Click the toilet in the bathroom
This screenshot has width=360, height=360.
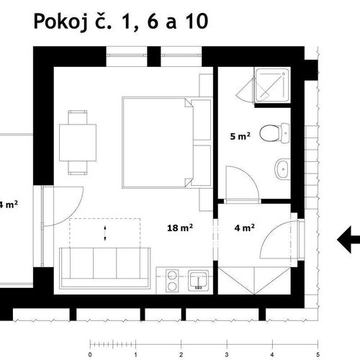(274, 133)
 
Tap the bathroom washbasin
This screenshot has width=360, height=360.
(282, 169)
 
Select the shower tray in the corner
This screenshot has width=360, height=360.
(272, 85)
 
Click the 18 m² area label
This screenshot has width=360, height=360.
(180, 228)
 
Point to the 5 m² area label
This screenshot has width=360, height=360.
(240, 136)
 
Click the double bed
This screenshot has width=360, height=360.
(167, 143)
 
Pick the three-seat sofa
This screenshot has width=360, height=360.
(105, 268)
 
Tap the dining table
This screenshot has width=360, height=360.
(78, 143)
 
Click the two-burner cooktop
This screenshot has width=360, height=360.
(172, 281)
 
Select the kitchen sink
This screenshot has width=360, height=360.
(198, 280)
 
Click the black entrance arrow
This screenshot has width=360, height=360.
(348, 240)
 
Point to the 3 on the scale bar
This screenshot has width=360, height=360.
(227, 354)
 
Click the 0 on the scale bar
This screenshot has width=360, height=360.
(90, 354)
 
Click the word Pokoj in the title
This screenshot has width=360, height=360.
(62, 22)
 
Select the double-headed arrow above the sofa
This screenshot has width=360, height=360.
(105, 233)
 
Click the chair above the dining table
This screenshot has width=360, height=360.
(78, 117)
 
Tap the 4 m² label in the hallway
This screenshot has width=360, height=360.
(245, 228)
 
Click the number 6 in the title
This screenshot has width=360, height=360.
(153, 22)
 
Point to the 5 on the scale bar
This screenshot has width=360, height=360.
(318, 354)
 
